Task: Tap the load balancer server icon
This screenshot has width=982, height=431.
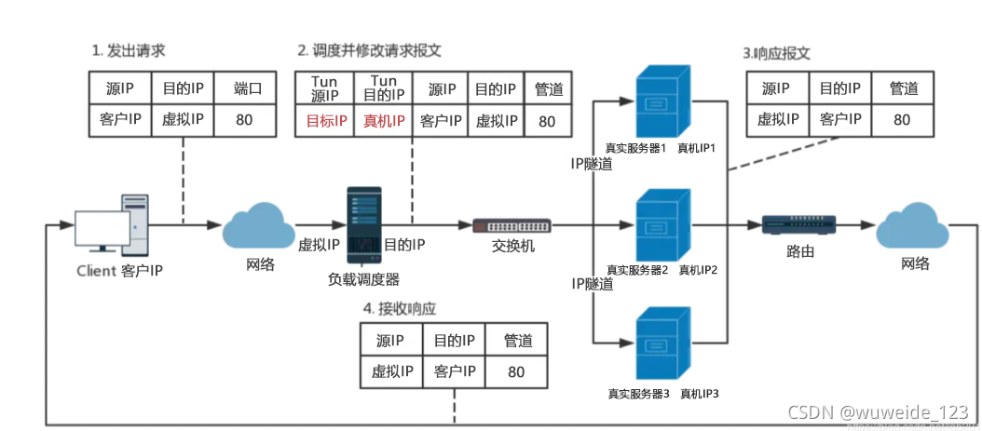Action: [364, 224]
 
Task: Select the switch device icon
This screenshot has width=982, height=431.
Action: [511, 225]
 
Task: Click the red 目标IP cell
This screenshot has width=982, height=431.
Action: [326, 121]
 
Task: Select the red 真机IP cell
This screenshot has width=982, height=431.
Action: [383, 121]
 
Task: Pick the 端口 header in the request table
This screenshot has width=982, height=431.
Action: [248, 89]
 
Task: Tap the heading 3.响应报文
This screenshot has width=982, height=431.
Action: [776, 53]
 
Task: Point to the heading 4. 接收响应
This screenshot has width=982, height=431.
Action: [400, 308]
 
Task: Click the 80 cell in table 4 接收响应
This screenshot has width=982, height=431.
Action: [517, 371]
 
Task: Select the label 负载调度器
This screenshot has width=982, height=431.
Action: [363, 278]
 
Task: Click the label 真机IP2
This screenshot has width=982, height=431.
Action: [697, 270]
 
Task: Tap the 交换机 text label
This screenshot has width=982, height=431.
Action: [512, 247]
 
